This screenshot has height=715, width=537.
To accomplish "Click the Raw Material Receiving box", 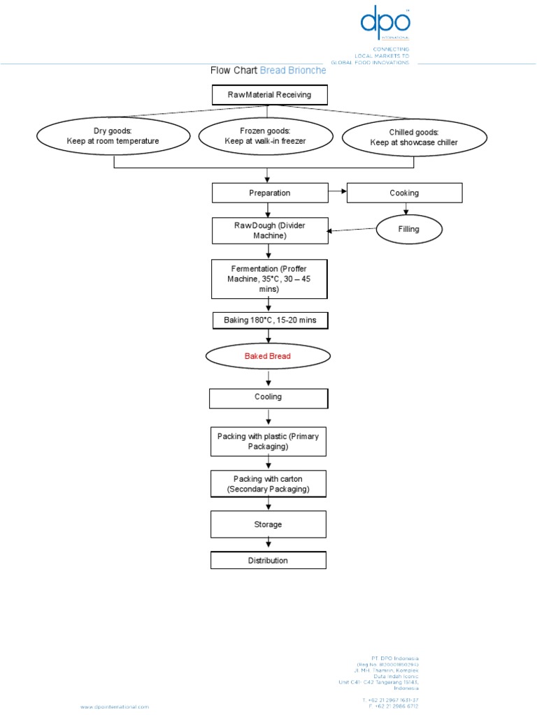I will (x=269, y=94).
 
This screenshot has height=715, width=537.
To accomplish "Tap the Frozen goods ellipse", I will (x=265, y=135).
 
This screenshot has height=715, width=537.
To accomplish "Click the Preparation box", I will (x=269, y=193).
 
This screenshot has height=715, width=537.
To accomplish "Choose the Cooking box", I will (x=404, y=193).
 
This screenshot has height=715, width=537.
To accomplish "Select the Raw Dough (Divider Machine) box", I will (x=269, y=230).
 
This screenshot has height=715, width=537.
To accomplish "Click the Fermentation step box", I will (x=269, y=278).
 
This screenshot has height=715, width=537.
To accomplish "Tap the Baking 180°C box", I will (x=269, y=320).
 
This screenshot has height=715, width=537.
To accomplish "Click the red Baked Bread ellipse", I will (x=267, y=356).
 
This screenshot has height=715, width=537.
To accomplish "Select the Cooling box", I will (x=268, y=398).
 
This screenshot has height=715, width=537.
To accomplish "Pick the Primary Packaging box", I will (x=268, y=441).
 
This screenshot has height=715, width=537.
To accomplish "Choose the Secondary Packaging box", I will (x=268, y=484).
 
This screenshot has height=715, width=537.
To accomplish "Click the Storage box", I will (x=268, y=524).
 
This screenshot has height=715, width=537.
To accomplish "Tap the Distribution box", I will (x=268, y=560).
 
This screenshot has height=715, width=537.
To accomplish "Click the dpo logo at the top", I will (x=384, y=24).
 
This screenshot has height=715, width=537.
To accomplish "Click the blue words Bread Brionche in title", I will (x=292, y=71).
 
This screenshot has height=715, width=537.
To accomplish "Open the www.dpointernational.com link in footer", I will (x=114, y=707).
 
